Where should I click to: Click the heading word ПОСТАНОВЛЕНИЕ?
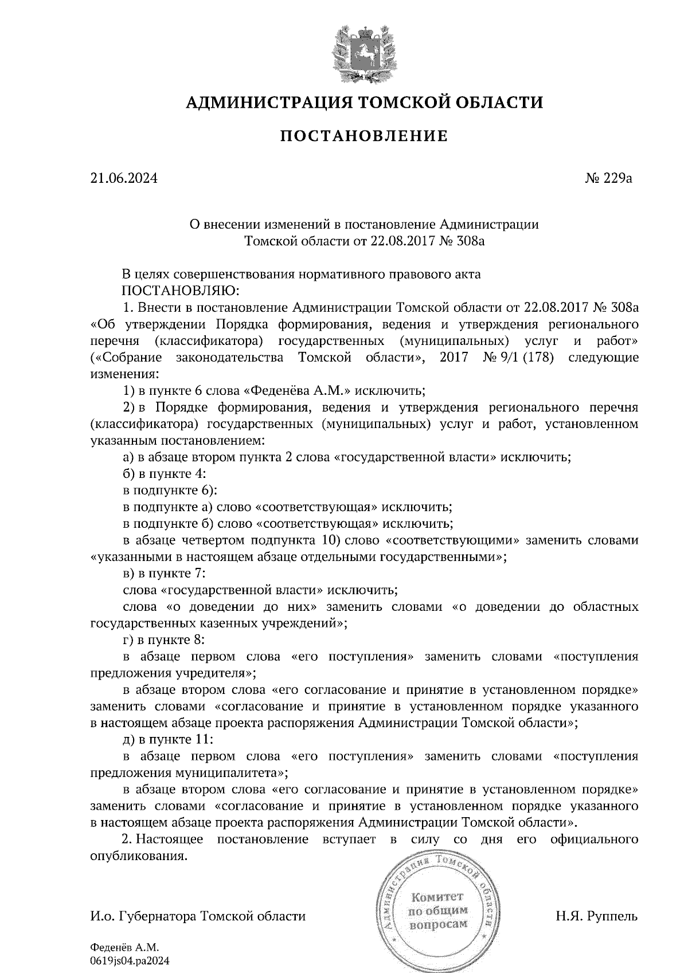(x=364, y=136)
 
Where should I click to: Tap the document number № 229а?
(x=608, y=178)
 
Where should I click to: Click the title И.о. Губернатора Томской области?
(x=198, y=916)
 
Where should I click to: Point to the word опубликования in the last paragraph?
(x=138, y=856)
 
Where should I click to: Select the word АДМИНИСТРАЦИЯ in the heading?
(x=269, y=103)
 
